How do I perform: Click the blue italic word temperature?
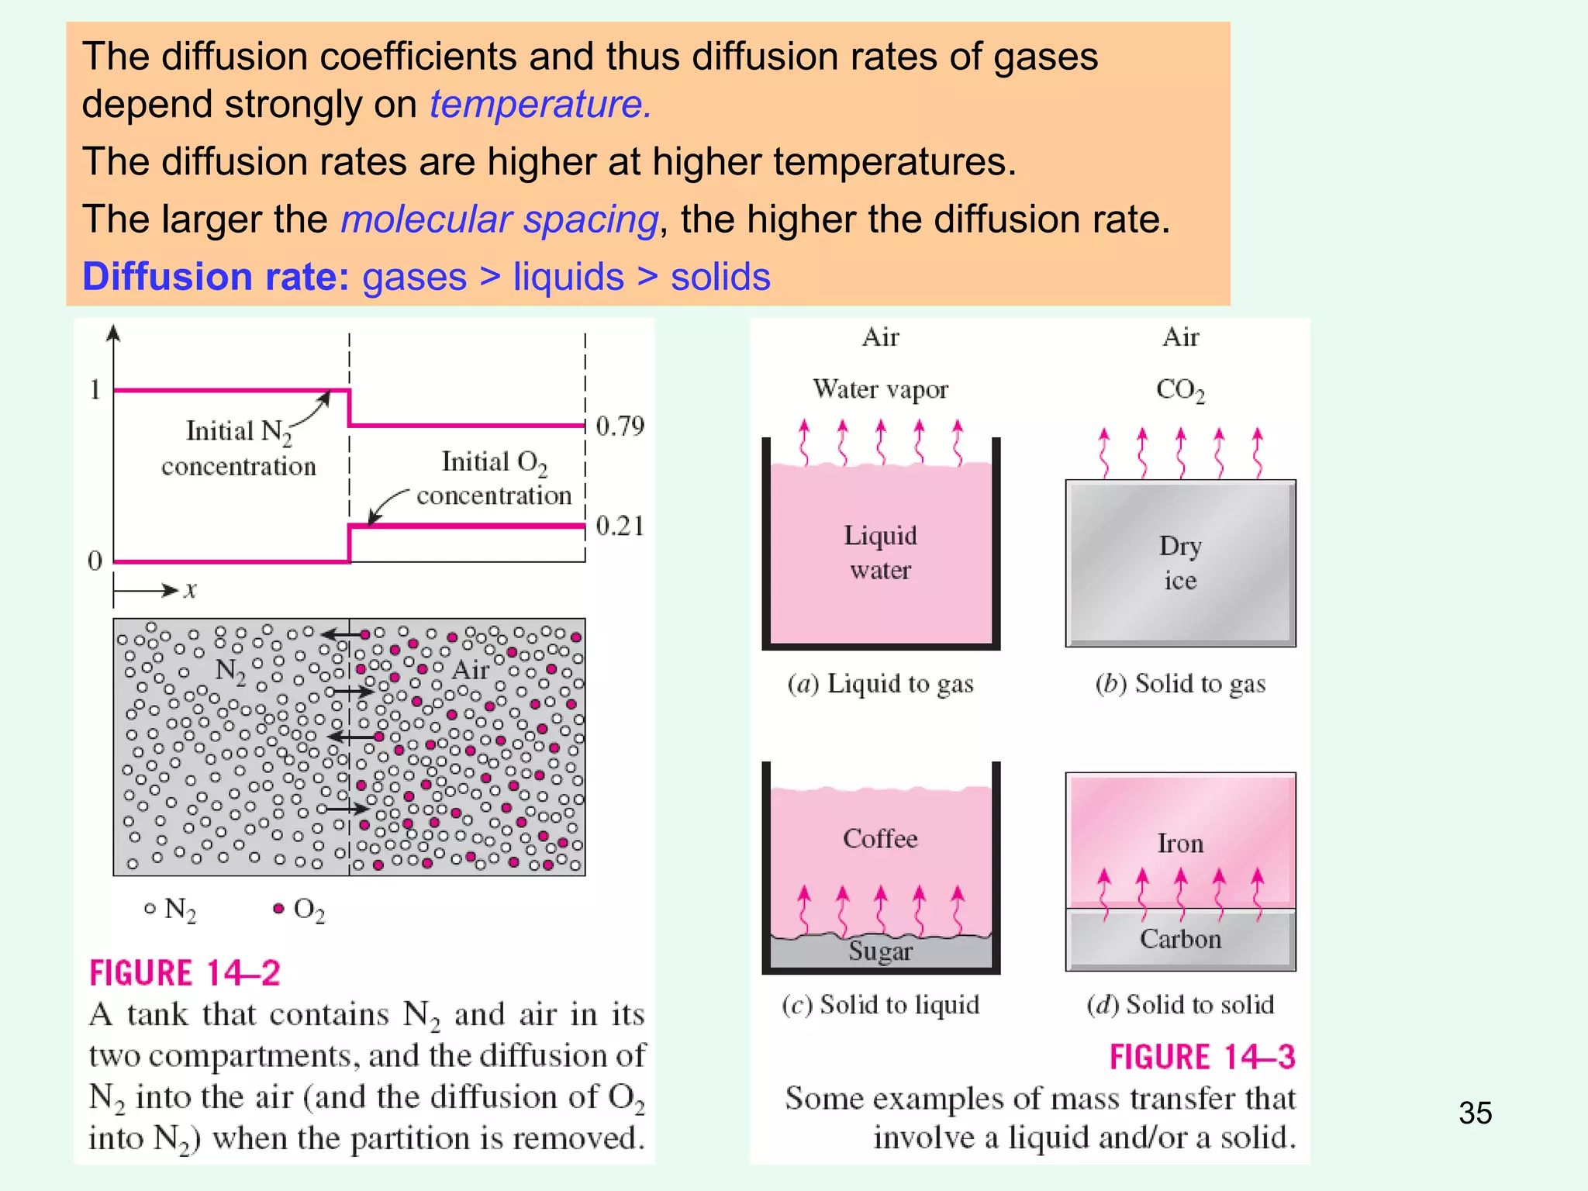[540, 104]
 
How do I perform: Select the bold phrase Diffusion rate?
[216, 277]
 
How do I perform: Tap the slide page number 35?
[1475, 1113]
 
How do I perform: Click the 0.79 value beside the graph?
[620, 426]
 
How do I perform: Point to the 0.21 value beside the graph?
[620, 526]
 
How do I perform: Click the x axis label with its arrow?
[155, 590]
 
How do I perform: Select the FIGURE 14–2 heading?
[185, 973]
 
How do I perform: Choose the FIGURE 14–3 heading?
[1203, 1057]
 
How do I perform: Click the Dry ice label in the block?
[1180, 563]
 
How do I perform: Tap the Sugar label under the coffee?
[880, 951]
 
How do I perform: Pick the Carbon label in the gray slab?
[1180, 939]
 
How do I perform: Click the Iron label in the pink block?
[1180, 843]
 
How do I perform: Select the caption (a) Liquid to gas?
[880, 684]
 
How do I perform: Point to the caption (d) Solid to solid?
[1180, 1005]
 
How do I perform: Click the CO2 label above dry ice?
[1180, 389]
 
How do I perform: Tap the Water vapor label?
[880, 388]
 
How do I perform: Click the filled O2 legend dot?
[278, 908]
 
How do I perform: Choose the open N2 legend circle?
[150, 908]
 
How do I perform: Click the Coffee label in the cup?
[880, 838]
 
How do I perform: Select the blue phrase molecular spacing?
[500, 219]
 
